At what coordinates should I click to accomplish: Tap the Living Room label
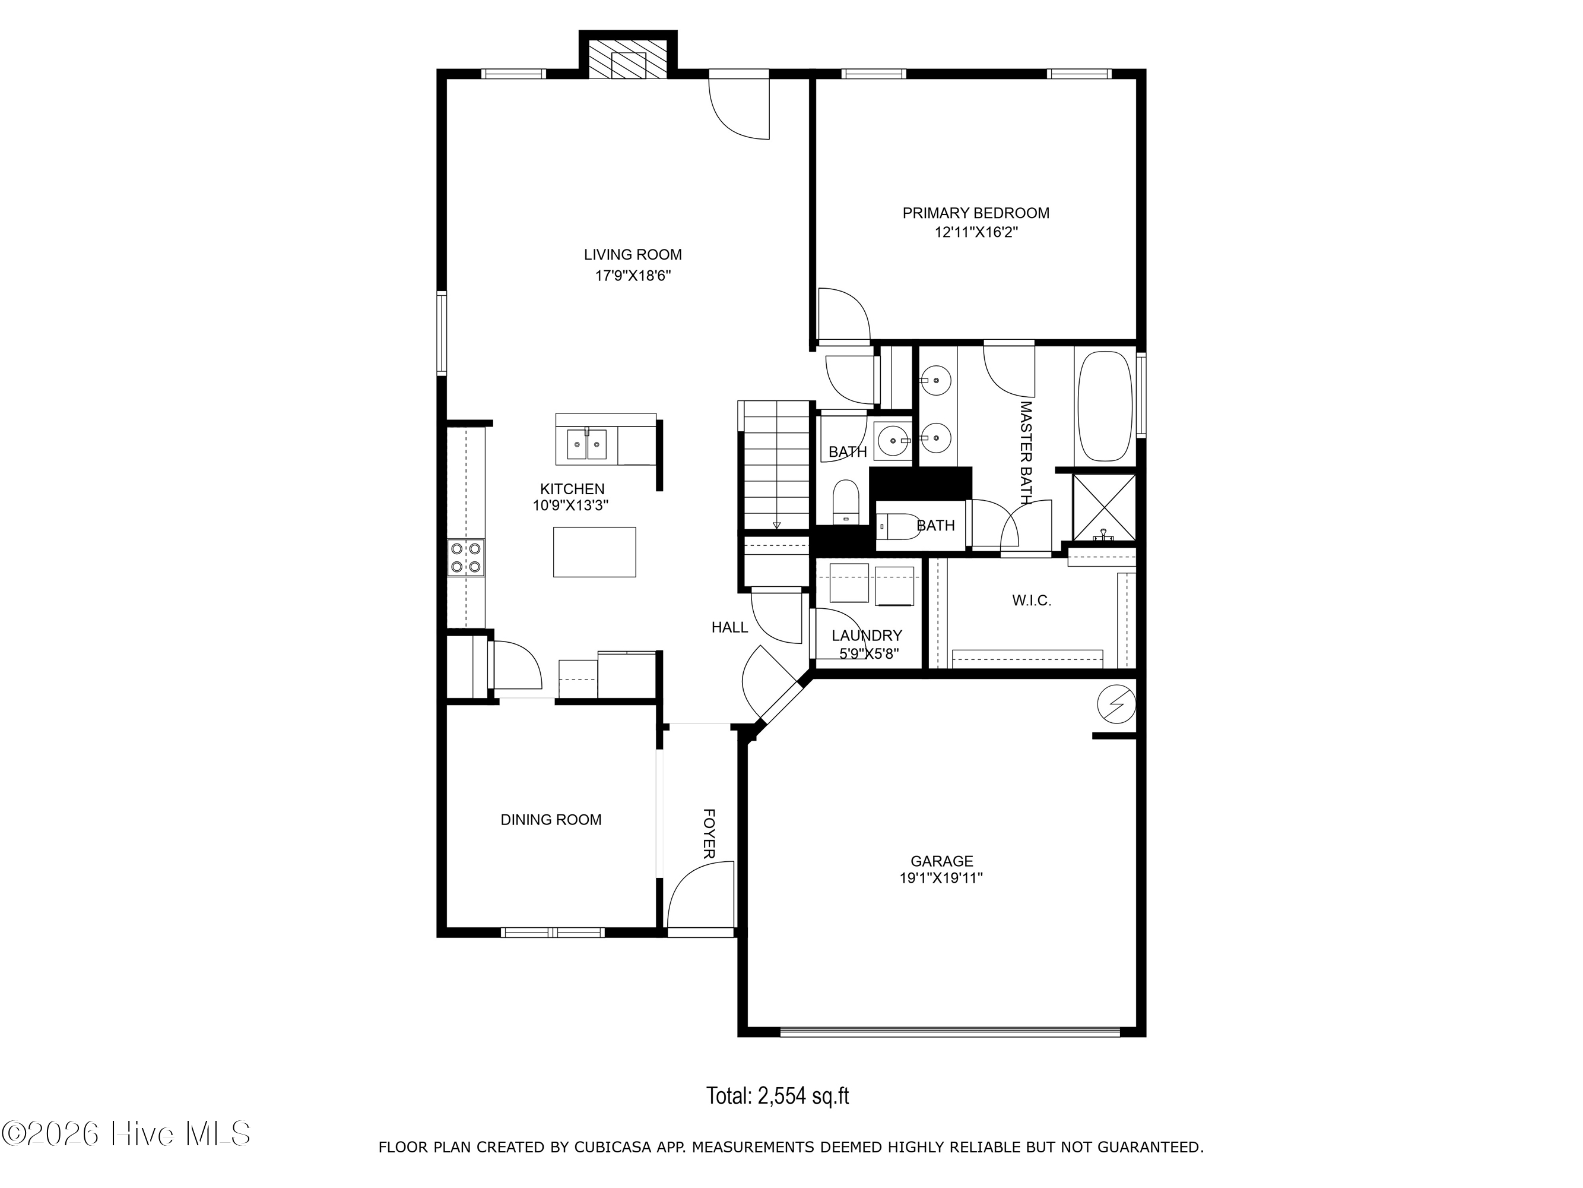click(x=633, y=254)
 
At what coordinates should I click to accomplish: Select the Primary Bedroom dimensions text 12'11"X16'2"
click(x=976, y=232)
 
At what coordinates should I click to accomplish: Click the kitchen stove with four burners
click(x=466, y=558)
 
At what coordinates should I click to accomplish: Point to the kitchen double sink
click(x=588, y=444)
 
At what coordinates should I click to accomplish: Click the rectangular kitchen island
click(x=595, y=551)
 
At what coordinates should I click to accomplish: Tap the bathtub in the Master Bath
click(x=1106, y=406)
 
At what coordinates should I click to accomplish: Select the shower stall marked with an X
click(x=1104, y=507)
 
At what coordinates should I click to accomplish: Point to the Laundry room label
click(x=867, y=635)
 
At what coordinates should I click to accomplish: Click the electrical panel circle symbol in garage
click(x=1116, y=704)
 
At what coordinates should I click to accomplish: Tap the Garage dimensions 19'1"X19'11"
click(x=941, y=878)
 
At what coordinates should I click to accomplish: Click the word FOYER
click(x=709, y=833)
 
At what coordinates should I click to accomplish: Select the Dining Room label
click(x=551, y=820)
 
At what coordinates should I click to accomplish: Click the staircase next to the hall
click(x=776, y=466)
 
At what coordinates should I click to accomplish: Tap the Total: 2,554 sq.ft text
click(x=778, y=1095)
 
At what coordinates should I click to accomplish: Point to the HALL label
click(x=730, y=627)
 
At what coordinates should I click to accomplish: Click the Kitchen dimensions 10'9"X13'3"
click(x=570, y=505)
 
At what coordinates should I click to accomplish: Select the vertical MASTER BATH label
click(x=1026, y=453)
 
